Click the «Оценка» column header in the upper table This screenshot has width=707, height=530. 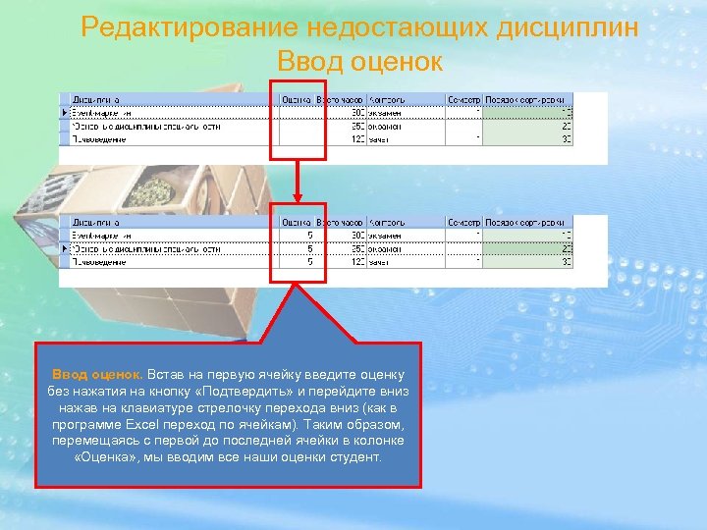(296, 99)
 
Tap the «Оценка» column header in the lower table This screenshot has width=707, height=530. (296, 223)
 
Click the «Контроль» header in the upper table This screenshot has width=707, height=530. (385, 99)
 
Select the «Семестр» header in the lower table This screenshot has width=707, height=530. (462, 223)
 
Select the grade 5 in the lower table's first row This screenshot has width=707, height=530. (309, 236)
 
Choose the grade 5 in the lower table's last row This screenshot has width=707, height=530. (309, 262)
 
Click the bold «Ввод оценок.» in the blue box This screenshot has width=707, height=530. (97, 375)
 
